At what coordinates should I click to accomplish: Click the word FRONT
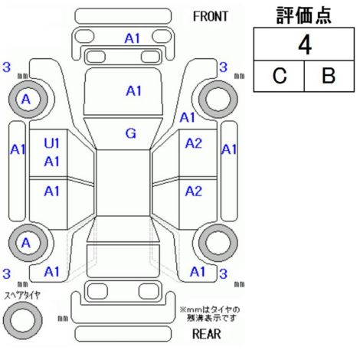click(210, 17)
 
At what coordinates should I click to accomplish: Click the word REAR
click(207, 334)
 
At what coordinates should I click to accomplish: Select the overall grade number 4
click(305, 45)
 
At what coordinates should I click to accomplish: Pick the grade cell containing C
click(280, 76)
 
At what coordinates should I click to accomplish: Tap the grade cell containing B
click(329, 76)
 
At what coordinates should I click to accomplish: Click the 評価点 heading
click(304, 15)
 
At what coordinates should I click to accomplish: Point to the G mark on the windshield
click(131, 133)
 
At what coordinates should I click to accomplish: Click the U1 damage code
click(51, 143)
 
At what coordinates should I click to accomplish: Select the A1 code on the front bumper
click(133, 38)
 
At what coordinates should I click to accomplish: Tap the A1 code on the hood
click(134, 91)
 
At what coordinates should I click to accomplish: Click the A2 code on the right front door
click(194, 143)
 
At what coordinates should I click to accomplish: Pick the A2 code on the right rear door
click(194, 191)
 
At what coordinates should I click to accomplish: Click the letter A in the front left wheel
click(26, 100)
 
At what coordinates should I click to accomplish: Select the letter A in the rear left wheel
click(26, 243)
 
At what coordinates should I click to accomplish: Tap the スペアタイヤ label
click(22, 296)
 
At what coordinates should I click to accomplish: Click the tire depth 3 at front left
click(7, 67)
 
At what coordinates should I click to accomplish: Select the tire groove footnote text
click(211, 314)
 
